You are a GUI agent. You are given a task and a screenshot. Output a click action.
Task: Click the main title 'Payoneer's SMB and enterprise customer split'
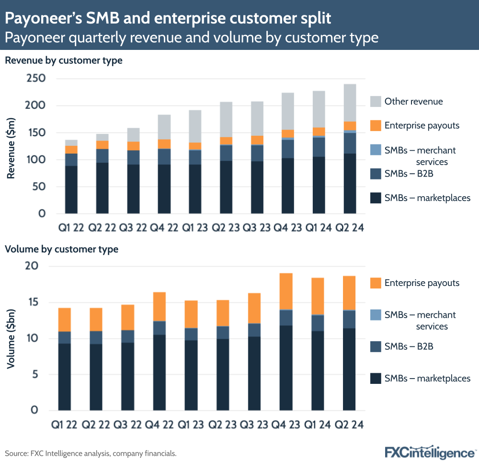168,19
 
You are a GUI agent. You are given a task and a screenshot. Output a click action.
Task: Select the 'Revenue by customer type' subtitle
64,61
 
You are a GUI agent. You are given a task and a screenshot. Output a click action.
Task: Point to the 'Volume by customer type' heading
61,249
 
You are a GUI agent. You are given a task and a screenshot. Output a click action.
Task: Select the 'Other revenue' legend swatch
376,101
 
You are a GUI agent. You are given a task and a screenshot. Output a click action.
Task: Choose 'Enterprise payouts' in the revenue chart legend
422,126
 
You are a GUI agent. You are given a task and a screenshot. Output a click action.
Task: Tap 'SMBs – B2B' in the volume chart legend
409,346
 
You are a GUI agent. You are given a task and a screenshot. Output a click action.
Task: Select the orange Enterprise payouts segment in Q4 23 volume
286,291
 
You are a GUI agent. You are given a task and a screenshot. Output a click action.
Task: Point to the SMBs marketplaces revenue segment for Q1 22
71,190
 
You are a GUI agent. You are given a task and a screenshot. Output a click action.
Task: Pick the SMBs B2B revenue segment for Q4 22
164,156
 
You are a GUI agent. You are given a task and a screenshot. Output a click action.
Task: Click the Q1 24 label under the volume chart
319,425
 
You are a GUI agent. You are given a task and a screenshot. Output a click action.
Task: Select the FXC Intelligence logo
430,452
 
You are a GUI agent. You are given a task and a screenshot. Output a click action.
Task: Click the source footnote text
91,453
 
